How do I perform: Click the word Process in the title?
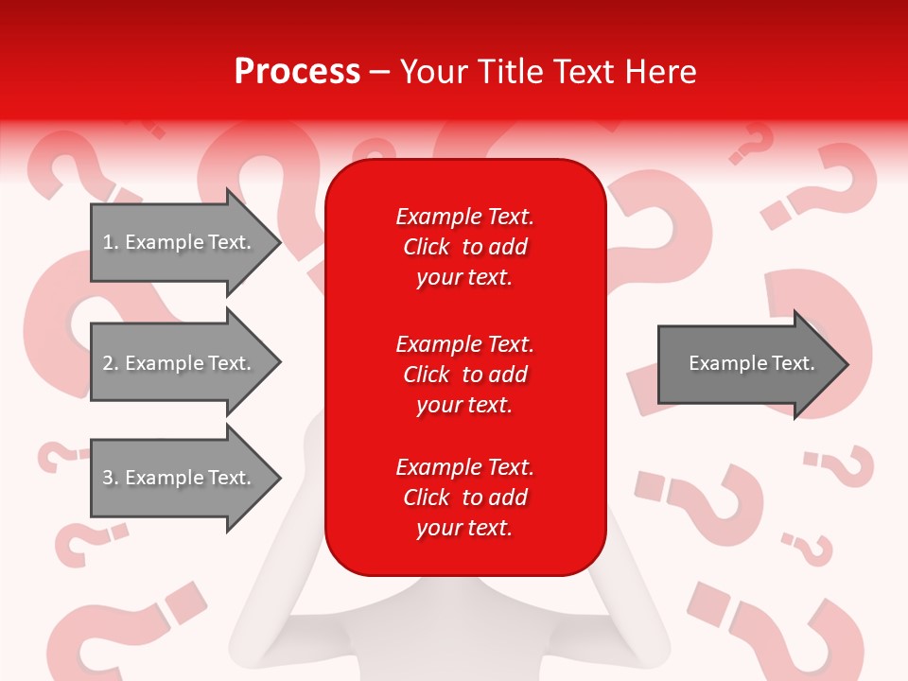(x=297, y=72)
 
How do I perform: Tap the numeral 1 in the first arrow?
(x=109, y=242)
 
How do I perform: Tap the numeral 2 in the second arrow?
(x=109, y=363)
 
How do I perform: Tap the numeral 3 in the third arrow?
(x=109, y=478)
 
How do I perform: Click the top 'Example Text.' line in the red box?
(x=464, y=217)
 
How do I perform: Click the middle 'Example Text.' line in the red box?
(x=464, y=344)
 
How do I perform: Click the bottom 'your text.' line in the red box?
(x=464, y=528)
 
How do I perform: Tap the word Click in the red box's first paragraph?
(x=426, y=247)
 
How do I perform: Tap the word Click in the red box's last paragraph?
(x=426, y=498)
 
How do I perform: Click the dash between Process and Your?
(x=379, y=72)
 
